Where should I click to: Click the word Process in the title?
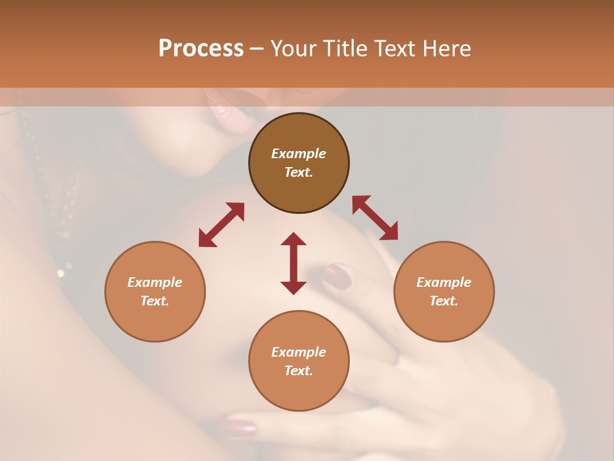point(201,49)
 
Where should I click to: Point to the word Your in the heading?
point(292,49)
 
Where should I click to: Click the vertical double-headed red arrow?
point(294,263)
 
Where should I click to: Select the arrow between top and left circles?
point(221,225)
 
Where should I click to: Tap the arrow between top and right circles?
point(375,218)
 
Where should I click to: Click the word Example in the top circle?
point(299,154)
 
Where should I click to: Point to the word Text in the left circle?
point(155,301)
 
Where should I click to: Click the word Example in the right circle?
point(444,282)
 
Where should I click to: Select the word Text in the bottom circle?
point(298,371)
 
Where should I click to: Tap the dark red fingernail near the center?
point(337,277)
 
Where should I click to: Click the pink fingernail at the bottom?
point(239,427)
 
